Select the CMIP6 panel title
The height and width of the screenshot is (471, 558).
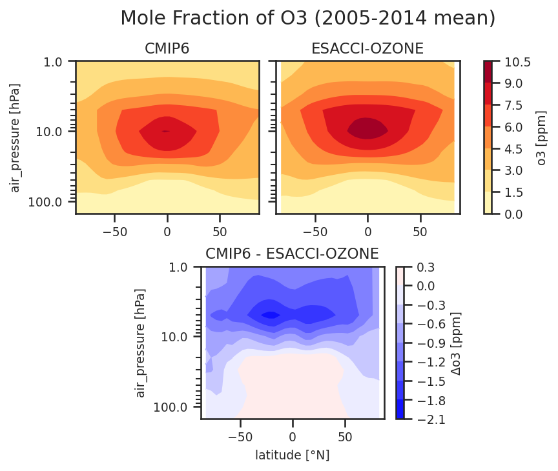167,48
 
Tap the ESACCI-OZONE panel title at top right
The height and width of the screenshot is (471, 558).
367,48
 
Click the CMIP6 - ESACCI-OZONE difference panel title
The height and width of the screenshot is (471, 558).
292,254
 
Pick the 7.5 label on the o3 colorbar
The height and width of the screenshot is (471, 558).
513,106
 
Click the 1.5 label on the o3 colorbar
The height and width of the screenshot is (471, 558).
513,192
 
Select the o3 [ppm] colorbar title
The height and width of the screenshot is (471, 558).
541,138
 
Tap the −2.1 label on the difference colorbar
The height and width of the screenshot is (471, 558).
431,419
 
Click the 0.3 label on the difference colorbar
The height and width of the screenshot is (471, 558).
426,267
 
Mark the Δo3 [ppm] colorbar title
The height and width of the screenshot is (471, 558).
455,343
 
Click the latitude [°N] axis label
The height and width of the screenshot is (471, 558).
292,455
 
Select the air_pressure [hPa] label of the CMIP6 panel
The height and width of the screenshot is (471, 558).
15,138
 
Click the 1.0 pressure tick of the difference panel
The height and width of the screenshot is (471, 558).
178,267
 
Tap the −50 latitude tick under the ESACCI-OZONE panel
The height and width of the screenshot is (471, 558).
315,232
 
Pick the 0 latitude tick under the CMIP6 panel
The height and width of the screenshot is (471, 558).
167,232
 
